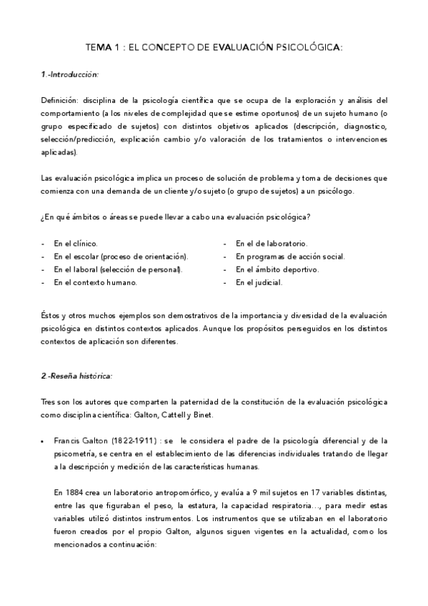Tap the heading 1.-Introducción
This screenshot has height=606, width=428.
click(69, 74)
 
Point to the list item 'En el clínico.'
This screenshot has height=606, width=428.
click(76, 244)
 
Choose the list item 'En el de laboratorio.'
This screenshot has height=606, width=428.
click(272, 244)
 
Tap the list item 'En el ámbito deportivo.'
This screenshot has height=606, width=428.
click(278, 269)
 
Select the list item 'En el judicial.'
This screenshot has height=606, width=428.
click(259, 282)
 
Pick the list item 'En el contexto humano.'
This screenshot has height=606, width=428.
click(95, 282)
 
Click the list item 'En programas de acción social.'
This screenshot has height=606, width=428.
click(291, 257)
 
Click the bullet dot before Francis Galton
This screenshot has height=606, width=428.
click(44, 440)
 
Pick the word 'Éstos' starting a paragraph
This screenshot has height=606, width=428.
click(51, 315)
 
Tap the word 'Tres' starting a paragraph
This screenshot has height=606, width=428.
click(48, 401)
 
